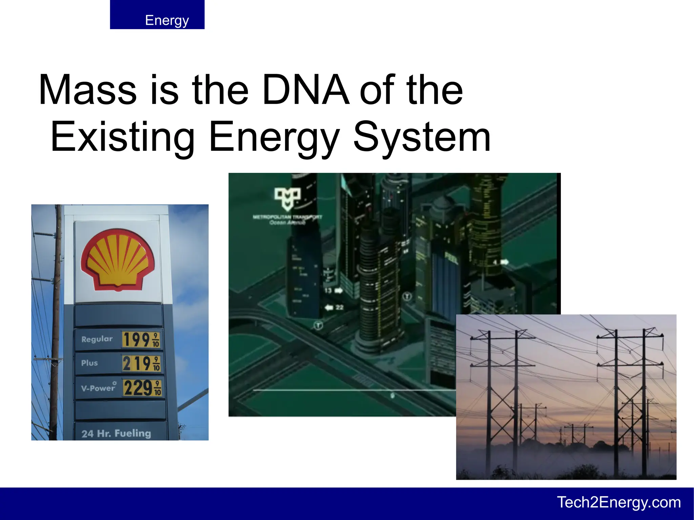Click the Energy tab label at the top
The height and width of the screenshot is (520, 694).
click(x=167, y=20)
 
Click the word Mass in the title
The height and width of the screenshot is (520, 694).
click(x=87, y=90)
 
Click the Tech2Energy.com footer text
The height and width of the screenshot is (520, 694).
click(x=619, y=502)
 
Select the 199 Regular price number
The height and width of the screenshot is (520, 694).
click(x=137, y=339)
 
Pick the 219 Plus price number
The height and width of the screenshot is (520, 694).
click(x=137, y=363)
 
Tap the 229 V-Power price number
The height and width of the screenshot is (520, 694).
click(x=138, y=388)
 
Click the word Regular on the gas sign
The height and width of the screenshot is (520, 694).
click(x=97, y=339)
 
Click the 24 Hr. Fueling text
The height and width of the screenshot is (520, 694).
click(x=116, y=433)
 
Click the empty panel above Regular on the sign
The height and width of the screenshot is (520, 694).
click(x=119, y=315)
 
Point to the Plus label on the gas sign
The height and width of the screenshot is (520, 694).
click(x=89, y=363)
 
